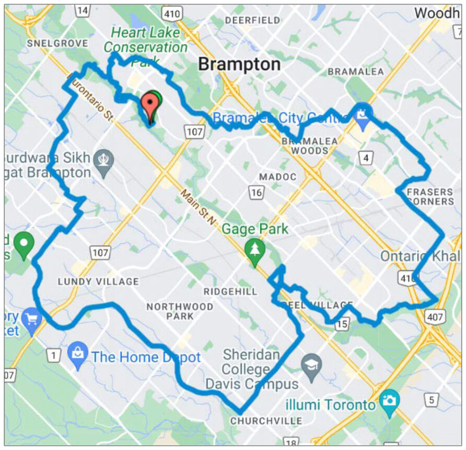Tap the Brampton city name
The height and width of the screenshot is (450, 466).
point(239,64)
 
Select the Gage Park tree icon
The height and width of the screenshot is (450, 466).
point(254,248)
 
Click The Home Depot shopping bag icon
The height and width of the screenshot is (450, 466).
point(77,354)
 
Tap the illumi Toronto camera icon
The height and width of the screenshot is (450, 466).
point(389,400)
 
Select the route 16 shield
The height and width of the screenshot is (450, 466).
point(255,192)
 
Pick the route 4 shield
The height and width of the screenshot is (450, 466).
point(367,157)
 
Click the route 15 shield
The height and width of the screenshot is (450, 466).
point(342,325)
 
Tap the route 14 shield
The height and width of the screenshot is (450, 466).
point(82,10)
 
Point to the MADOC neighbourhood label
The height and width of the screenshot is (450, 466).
point(278,177)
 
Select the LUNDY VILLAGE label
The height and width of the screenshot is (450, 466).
point(98,281)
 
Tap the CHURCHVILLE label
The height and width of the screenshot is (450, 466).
point(266,421)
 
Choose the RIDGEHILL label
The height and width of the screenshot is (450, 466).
point(231,292)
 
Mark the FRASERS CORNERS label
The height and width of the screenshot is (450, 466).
point(429,196)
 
